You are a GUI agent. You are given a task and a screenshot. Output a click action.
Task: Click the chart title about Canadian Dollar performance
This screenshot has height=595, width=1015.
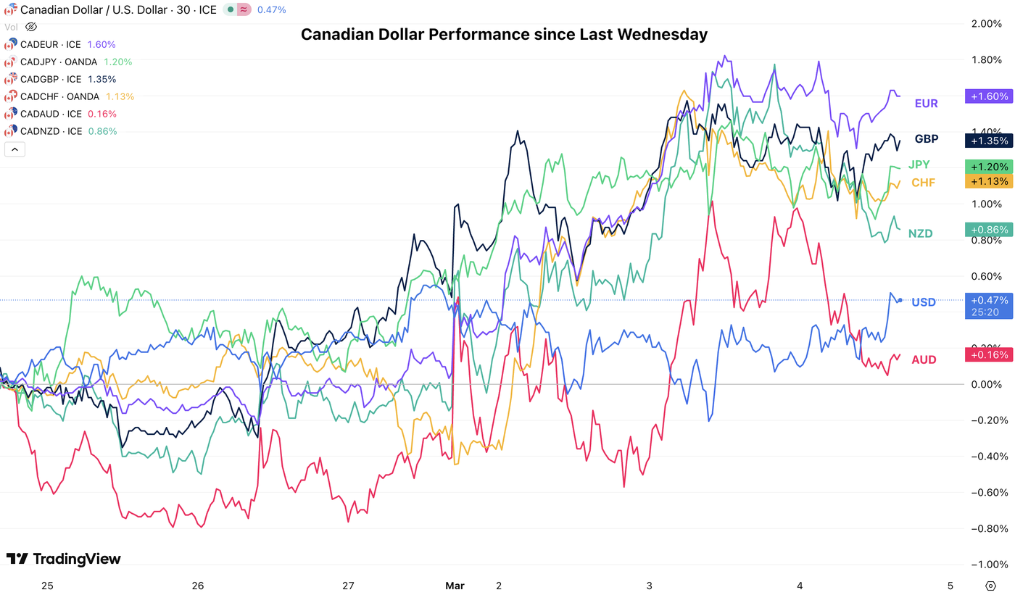[x=504, y=34]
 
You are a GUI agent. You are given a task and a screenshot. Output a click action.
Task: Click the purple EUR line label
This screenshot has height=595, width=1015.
[x=926, y=104]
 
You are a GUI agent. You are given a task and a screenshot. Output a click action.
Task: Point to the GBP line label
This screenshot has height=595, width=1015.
[x=926, y=139]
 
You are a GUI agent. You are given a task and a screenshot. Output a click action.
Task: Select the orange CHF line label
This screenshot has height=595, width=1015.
[x=923, y=183]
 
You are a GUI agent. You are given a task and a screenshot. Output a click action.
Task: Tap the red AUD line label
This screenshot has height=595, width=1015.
[x=924, y=359]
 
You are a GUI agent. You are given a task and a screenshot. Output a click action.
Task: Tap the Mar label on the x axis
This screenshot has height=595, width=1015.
[x=455, y=586]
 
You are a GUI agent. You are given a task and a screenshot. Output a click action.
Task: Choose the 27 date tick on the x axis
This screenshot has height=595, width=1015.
[x=348, y=586]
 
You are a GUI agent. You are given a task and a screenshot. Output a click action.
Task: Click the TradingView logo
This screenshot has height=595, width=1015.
[x=64, y=559]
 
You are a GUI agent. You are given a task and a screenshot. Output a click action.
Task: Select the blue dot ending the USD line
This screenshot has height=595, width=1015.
[x=900, y=301]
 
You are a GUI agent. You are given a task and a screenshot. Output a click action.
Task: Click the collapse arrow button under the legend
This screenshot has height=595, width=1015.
[x=14, y=150]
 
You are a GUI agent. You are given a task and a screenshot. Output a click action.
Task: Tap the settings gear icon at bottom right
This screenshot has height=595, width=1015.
[x=991, y=586]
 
